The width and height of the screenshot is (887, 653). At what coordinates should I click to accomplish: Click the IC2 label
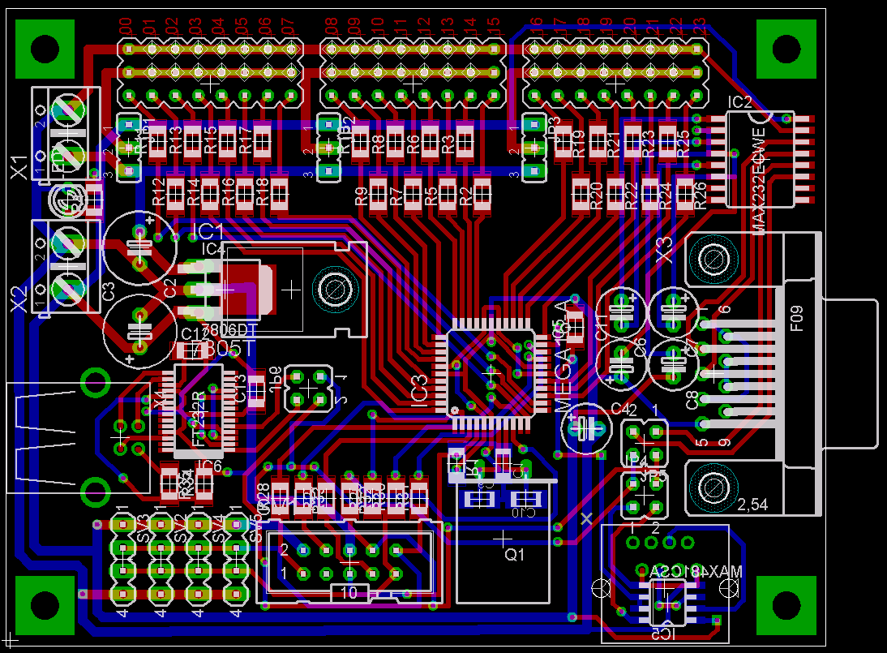[739, 102]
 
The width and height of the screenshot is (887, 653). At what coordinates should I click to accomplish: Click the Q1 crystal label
[515, 556]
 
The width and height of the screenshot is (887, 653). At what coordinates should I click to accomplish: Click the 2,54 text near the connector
[752, 505]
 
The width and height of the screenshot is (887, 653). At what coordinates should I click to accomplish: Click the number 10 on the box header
[349, 593]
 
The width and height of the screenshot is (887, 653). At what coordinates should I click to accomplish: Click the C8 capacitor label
[692, 399]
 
